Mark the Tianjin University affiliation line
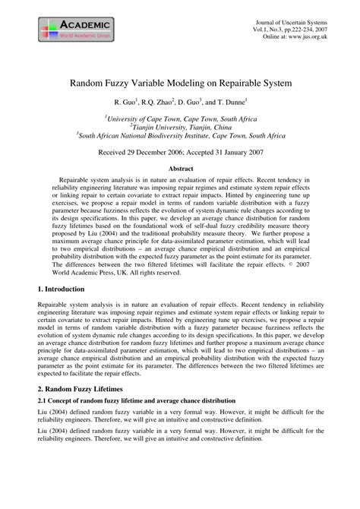[x=180, y=127]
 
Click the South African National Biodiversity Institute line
[x=180, y=136]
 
